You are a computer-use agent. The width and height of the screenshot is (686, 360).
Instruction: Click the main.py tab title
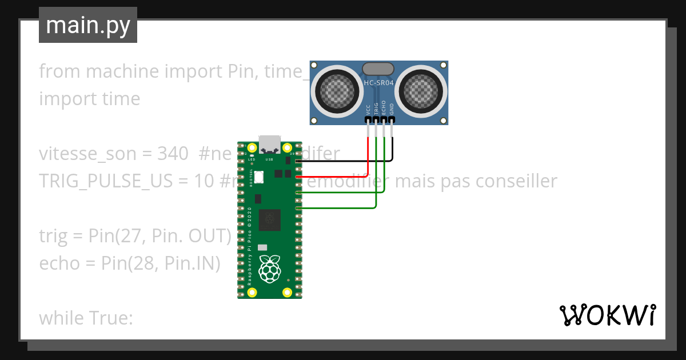[x=87, y=25]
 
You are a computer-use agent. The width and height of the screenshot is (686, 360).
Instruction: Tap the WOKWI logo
[x=607, y=315]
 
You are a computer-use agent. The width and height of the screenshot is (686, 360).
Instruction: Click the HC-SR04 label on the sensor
[x=378, y=83]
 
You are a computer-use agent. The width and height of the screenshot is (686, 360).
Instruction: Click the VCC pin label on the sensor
[x=368, y=110]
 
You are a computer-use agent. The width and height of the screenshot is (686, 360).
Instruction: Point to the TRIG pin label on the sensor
[x=376, y=109]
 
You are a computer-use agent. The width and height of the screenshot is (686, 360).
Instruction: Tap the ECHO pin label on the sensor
[x=384, y=109]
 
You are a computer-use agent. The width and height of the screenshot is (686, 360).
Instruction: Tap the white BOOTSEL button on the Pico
[x=259, y=177]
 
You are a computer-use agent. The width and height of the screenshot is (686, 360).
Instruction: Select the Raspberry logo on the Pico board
[x=269, y=269]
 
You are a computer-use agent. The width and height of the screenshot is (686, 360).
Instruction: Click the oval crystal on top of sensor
[x=378, y=69]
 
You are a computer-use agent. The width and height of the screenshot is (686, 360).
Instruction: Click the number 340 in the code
[x=173, y=154]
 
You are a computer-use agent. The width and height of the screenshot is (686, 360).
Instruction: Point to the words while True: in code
[x=86, y=318]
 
